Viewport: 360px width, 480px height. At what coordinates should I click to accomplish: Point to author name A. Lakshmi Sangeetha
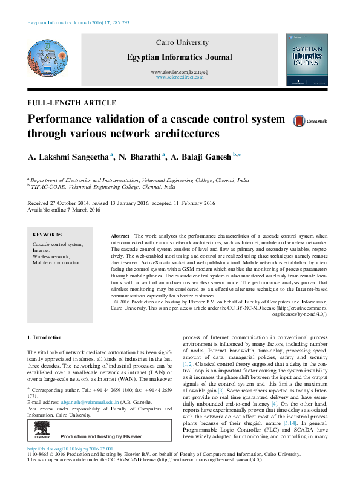(x=68, y=157)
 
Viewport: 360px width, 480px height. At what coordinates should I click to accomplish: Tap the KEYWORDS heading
(x=47, y=235)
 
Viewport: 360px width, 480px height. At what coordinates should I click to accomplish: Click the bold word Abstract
(x=121, y=235)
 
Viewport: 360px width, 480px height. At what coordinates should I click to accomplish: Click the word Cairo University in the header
(x=182, y=43)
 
